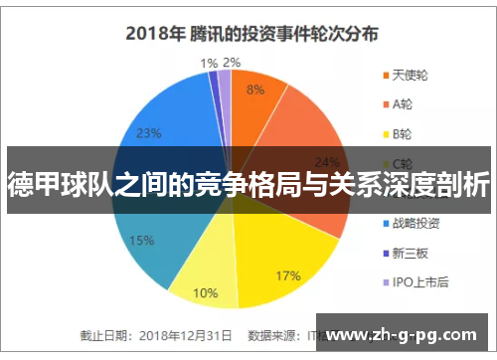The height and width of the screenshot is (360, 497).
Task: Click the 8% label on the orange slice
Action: coord(255,90)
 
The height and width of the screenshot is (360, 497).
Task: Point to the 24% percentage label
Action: coord(327,162)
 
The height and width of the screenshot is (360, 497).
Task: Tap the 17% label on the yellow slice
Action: coord(288,248)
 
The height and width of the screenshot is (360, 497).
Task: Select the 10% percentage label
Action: coord(205,293)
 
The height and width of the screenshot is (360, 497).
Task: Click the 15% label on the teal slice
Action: coord(141,241)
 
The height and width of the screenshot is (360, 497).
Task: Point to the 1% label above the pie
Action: coord(209,63)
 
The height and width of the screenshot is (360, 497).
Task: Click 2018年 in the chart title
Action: coord(155,32)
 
